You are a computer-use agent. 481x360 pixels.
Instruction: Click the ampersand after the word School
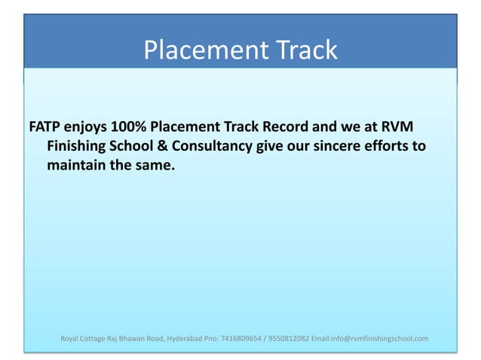pyautogui.click(x=167, y=145)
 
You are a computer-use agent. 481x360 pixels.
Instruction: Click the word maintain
pyautogui.click(x=77, y=164)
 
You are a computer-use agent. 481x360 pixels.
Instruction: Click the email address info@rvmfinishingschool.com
pyautogui.click(x=373, y=338)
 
